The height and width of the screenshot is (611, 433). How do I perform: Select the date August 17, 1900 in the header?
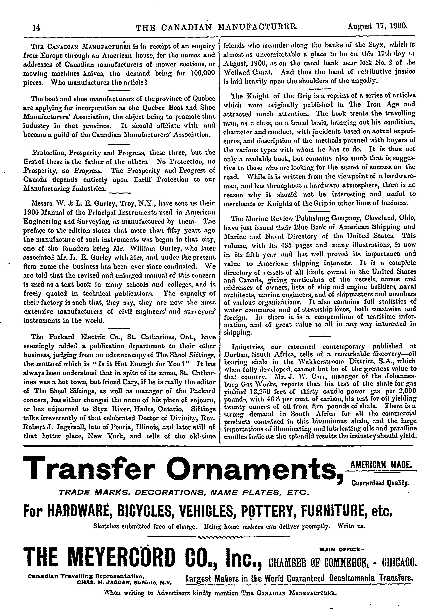point(377,26)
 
